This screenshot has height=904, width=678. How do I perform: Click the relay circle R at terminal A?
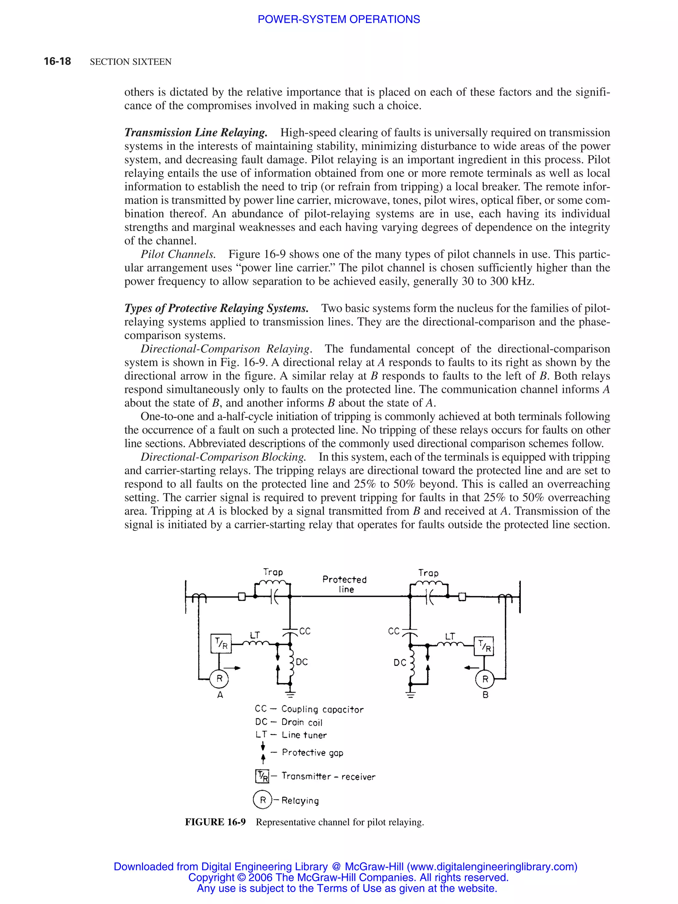pos(219,679)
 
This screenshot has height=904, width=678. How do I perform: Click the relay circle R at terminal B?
pos(485,679)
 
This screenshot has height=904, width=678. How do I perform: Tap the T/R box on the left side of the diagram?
pos(221,644)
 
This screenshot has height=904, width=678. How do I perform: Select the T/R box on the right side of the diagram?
pos(484,646)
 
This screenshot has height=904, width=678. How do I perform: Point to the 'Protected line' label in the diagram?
pos(345,584)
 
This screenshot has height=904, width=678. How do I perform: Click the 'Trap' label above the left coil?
pos(273,572)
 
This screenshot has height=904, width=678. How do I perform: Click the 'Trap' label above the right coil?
pos(428,573)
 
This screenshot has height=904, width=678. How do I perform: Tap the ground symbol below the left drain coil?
pos(290,694)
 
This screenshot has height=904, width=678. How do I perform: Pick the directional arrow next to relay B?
pos(472,668)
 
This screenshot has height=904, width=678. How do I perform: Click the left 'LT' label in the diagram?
pos(255,635)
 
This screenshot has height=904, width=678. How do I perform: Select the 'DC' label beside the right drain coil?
pos(400,662)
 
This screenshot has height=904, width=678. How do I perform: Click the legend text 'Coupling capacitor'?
pos(322,709)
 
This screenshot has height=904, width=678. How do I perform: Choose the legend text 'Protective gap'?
pos(312,752)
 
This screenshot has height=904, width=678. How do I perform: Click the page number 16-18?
pos(57,61)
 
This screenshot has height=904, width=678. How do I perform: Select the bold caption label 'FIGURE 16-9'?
pos(215,822)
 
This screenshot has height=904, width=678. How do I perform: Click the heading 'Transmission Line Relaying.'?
pos(196,133)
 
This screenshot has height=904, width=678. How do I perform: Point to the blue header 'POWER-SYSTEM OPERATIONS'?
pos(338,19)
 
